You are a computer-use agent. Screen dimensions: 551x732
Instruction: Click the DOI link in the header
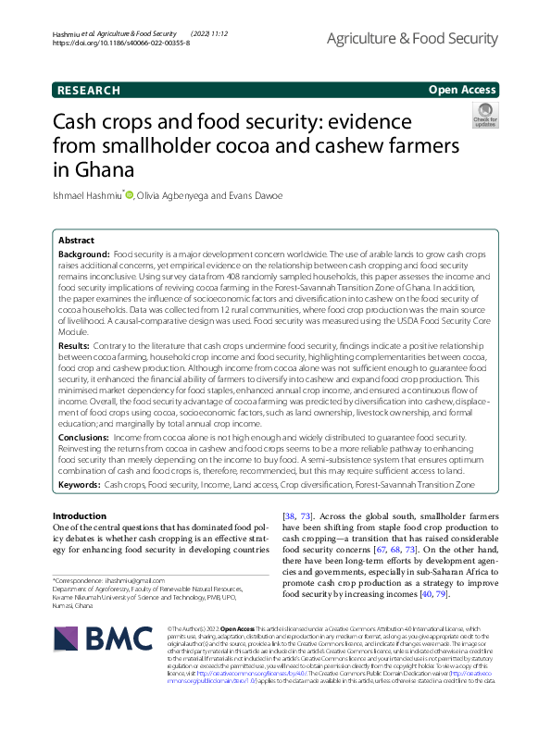[x=116, y=43]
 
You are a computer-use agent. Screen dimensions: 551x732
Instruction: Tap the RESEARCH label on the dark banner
[x=89, y=91]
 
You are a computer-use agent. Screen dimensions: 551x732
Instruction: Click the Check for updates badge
[x=484, y=115]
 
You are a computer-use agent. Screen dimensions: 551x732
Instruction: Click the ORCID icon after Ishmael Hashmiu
[x=130, y=194]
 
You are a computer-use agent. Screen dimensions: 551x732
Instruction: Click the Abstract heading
[x=77, y=239]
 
